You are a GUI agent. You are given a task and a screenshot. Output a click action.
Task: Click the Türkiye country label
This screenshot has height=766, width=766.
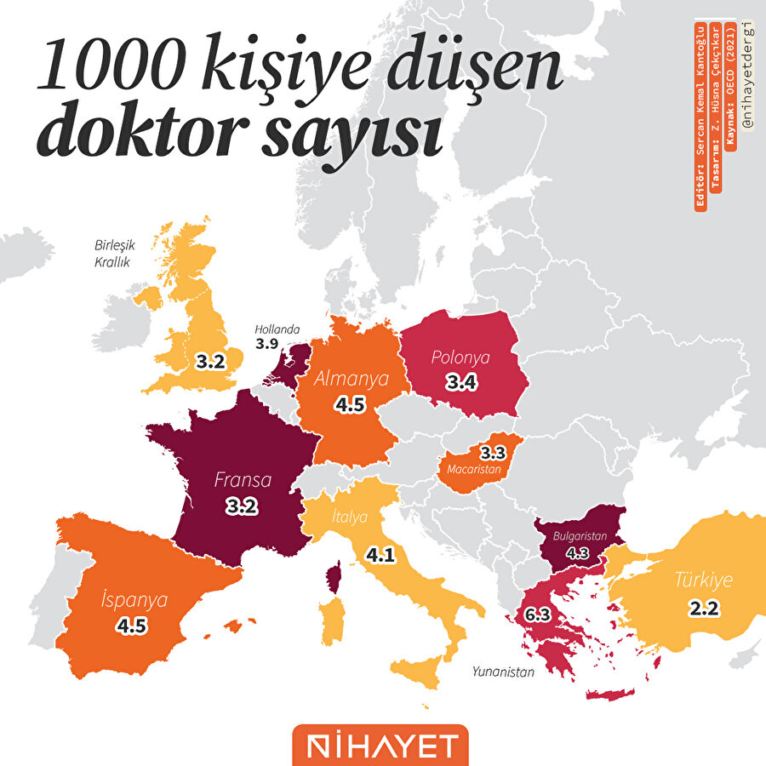tap(703, 581)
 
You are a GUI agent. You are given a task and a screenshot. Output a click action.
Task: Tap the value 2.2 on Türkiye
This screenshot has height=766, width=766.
tap(703, 608)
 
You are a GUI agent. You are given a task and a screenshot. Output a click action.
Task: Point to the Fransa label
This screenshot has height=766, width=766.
tap(243, 480)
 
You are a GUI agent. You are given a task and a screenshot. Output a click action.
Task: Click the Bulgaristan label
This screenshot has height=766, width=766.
tap(579, 537)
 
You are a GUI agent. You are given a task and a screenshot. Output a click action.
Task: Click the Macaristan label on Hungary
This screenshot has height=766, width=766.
tap(477, 467)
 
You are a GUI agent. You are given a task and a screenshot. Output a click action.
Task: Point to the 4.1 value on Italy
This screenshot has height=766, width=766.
tap(380, 557)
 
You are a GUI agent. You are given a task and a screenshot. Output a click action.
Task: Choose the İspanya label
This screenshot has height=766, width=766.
tap(133, 598)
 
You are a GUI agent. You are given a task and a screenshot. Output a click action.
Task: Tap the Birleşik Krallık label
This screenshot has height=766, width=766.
tap(111, 254)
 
